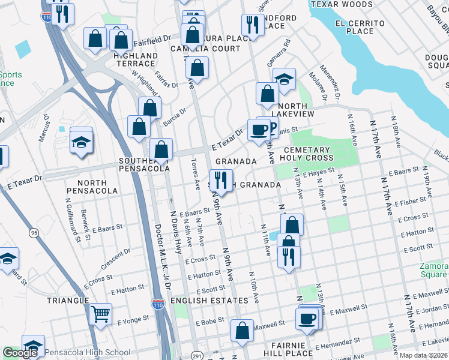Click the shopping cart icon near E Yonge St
pyautogui.click(x=100, y=313)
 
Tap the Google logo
pyautogui.click(x=20, y=353)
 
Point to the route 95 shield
pyautogui.click(x=33, y=232)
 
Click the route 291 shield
pyautogui.click(x=196, y=354)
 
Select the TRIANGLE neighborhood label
pyautogui.click(x=69, y=300)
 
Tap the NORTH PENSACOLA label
pyautogui.click(x=84, y=187)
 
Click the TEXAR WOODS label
pyautogui.click(x=341, y=4)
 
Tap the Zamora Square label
pyautogui.click(x=433, y=269)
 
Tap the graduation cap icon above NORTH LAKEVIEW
pyautogui.click(x=284, y=78)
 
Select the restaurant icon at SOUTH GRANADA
pyautogui.click(x=221, y=179)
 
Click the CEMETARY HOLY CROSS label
pyautogui.click(x=308, y=154)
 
